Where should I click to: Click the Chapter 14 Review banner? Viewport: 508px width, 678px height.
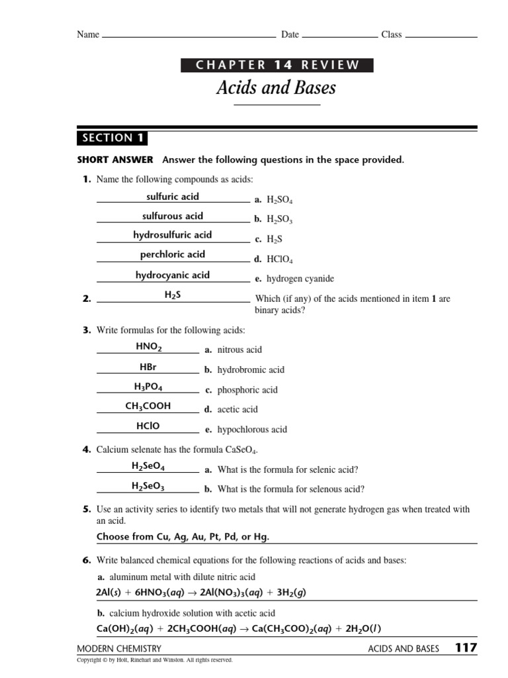276,65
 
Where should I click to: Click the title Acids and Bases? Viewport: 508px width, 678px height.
276,87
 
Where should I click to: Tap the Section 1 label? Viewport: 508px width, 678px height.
112,138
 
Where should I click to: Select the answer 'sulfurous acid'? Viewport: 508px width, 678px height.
172,216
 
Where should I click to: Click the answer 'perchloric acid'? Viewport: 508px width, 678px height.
172,254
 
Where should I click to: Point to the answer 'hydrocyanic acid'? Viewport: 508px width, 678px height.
172,275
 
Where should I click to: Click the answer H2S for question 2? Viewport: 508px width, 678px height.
172,295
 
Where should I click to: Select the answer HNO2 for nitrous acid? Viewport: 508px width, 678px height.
148,346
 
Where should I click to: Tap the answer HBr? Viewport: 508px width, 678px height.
148,366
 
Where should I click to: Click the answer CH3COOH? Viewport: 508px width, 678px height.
148,406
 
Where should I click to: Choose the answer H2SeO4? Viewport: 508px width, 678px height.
148,466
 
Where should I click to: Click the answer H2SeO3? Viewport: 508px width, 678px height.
148,486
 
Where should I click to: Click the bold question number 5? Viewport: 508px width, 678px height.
86,509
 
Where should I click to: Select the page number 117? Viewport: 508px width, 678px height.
465,648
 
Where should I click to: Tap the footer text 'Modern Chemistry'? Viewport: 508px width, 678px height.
119,649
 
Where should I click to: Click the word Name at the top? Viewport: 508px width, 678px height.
88,34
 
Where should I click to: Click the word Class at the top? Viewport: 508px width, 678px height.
391,34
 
